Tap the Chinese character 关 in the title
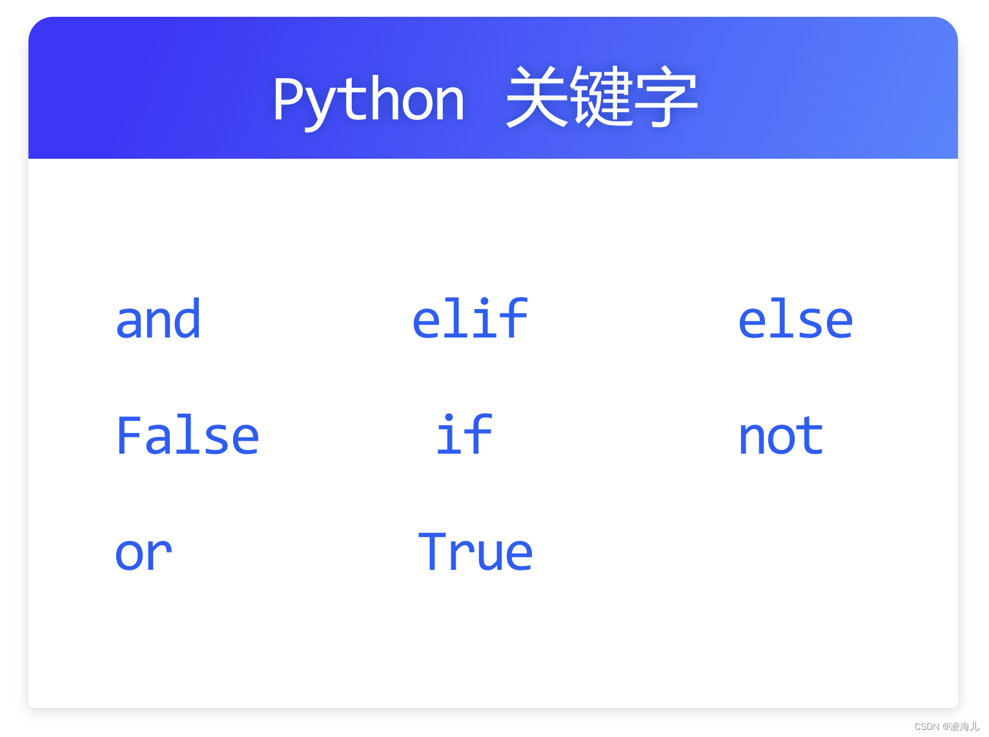[x=537, y=97]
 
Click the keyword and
[x=158, y=319]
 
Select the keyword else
[x=795, y=319]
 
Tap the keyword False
[x=187, y=436]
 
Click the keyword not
[x=780, y=436]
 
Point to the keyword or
[x=143, y=553]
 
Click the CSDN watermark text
[x=946, y=727]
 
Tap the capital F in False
[x=128, y=436]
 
